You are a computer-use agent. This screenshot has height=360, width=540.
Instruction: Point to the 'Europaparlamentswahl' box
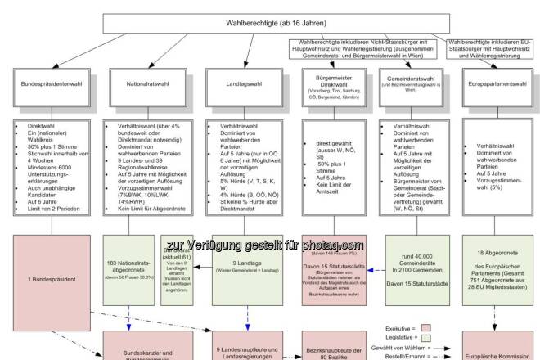[500, 83]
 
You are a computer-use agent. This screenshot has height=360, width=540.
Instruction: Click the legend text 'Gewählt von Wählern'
[398, 346]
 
